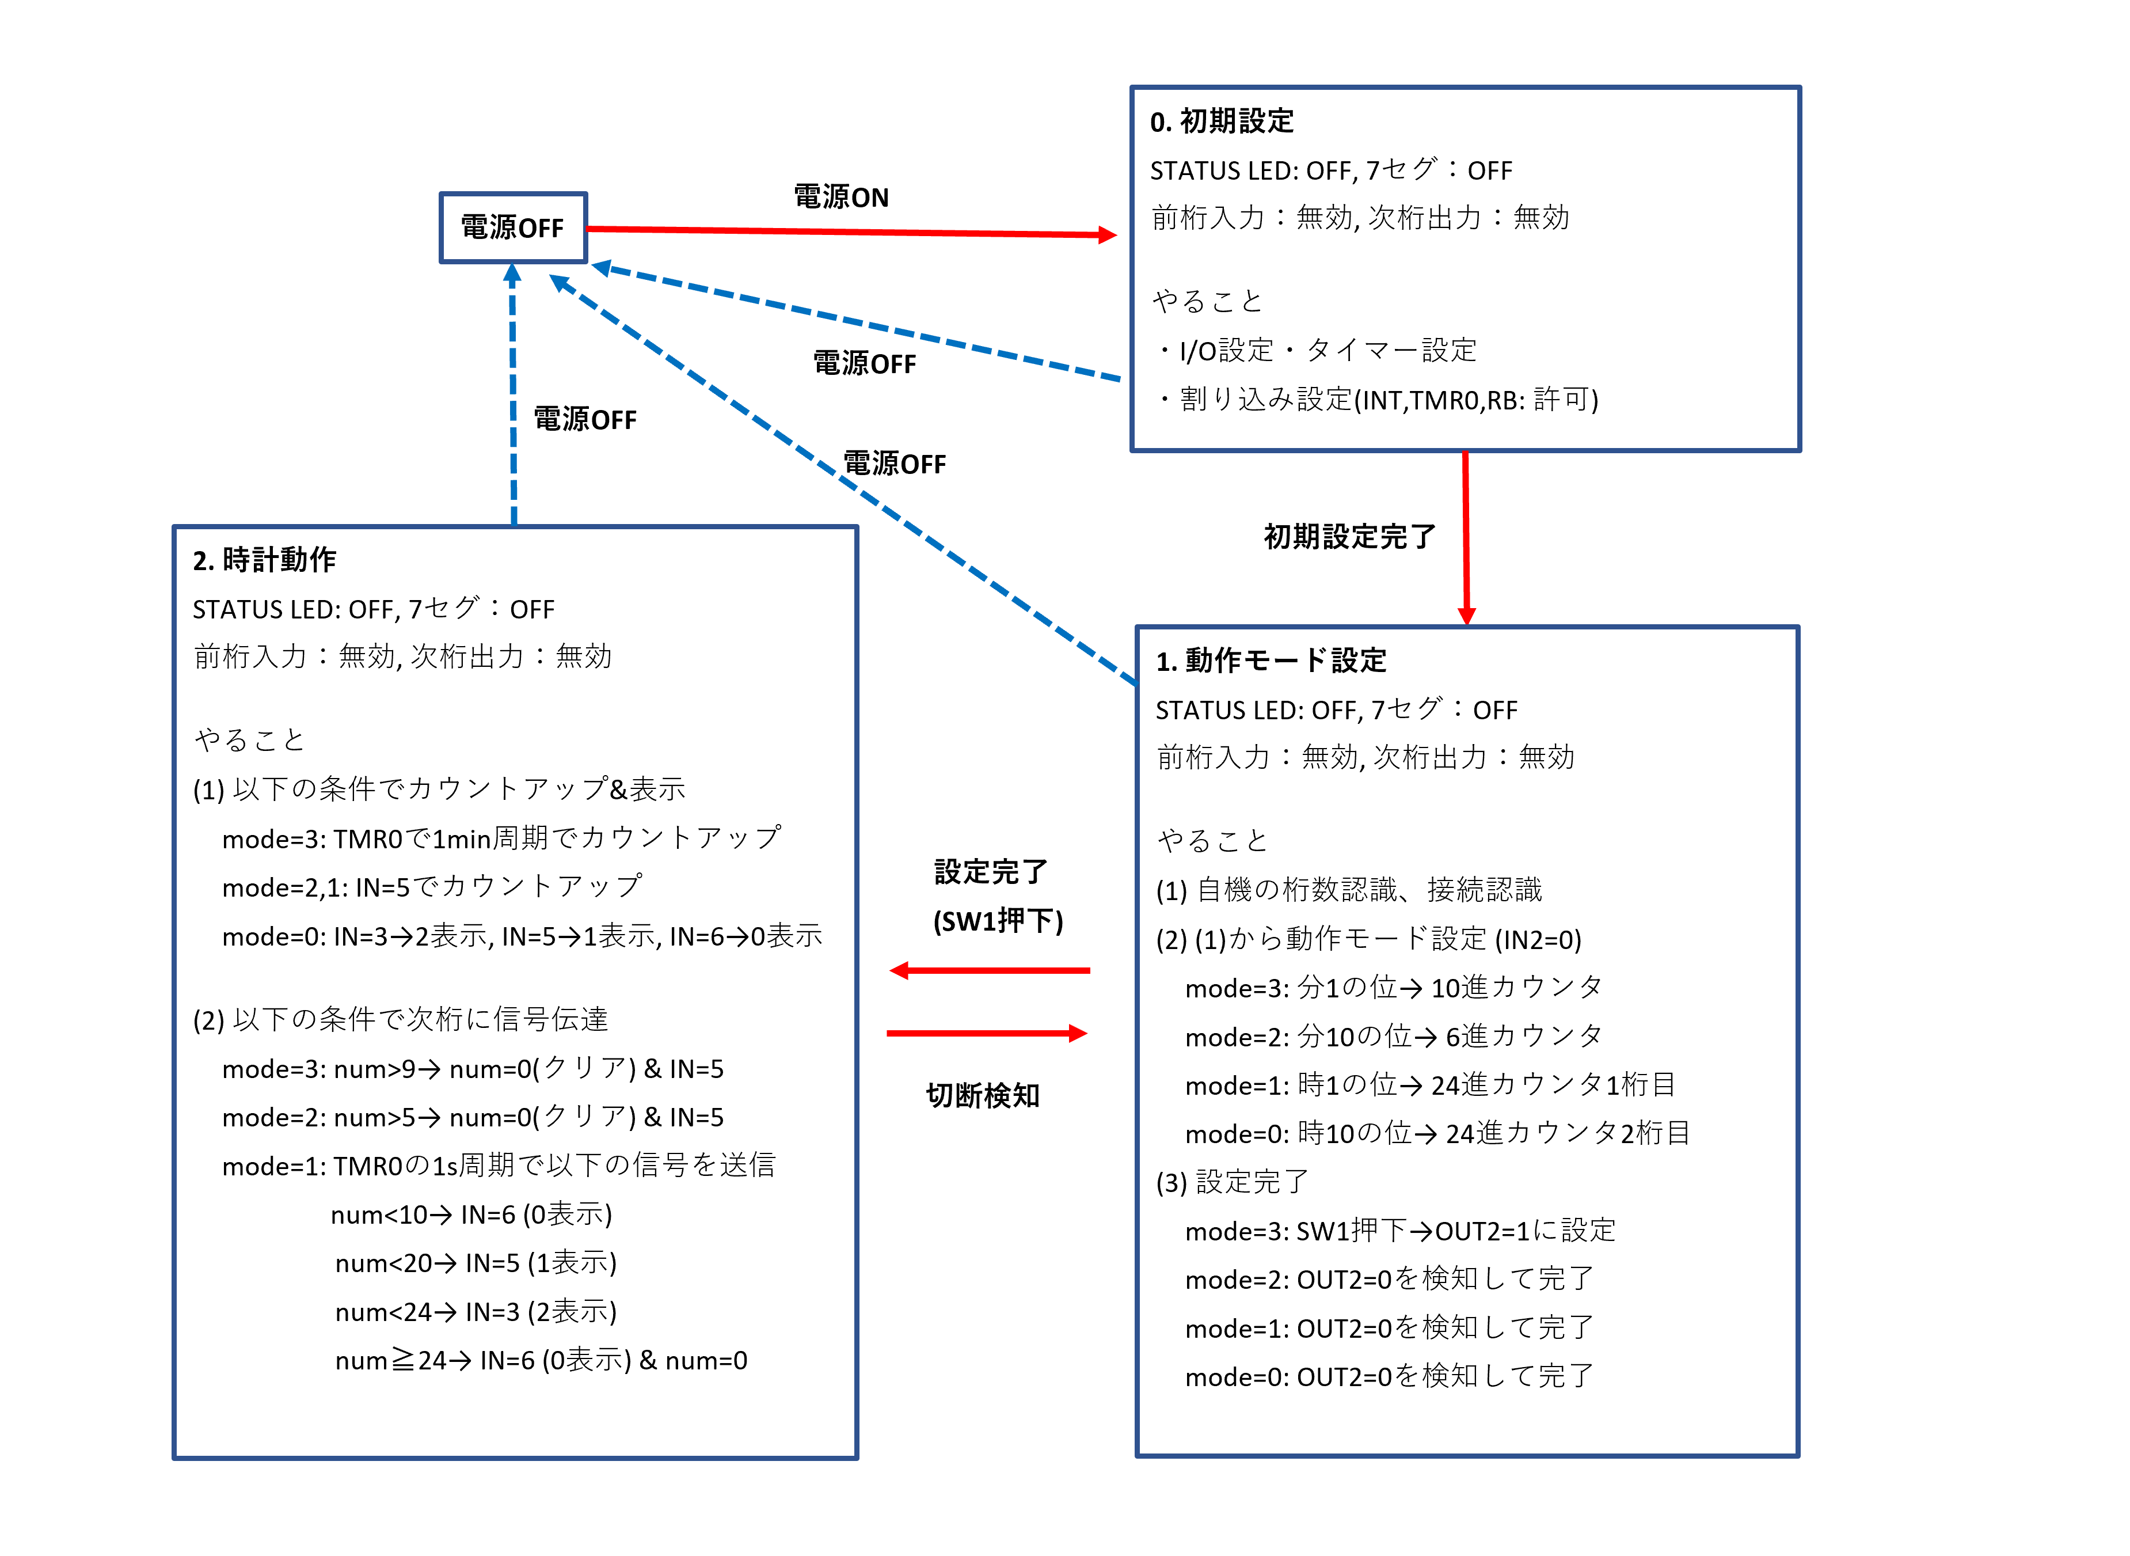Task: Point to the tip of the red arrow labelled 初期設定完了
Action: [x=1466, y=624]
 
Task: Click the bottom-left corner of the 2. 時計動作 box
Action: [x=174, y=1458]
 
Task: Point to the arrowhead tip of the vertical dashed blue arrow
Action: [x=512, y=264]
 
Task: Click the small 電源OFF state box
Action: [x=513, y=228]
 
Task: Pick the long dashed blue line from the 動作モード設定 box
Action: [x=843, y=480]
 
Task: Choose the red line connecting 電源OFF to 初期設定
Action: [x=851, y=231]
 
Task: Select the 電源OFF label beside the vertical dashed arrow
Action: [x=585, y=419]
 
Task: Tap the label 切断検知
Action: [x=983, y=1095]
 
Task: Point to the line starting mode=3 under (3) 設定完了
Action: [x=1399, y=1230]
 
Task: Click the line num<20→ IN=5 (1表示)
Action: [x=476, y=1262]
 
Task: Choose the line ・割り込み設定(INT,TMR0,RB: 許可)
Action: [x=1376, y=399]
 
